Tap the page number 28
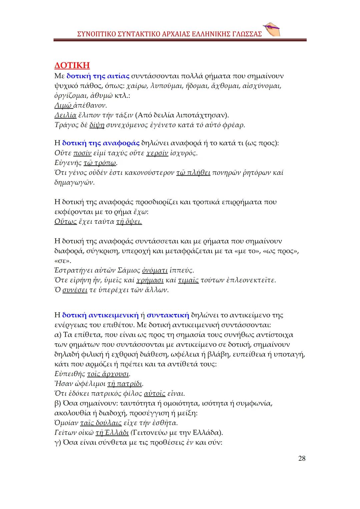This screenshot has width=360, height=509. click(301, 458)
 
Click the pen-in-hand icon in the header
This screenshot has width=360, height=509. click(271, 30)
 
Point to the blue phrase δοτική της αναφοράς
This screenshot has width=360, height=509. click(101, 143)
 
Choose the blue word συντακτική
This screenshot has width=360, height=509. click(168, 315)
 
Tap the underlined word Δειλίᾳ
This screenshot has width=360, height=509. click(65, 115)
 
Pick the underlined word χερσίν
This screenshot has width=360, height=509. click(157, 153)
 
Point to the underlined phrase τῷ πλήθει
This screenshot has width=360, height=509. click(193, 173)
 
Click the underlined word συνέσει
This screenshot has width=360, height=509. click(75, 290)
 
